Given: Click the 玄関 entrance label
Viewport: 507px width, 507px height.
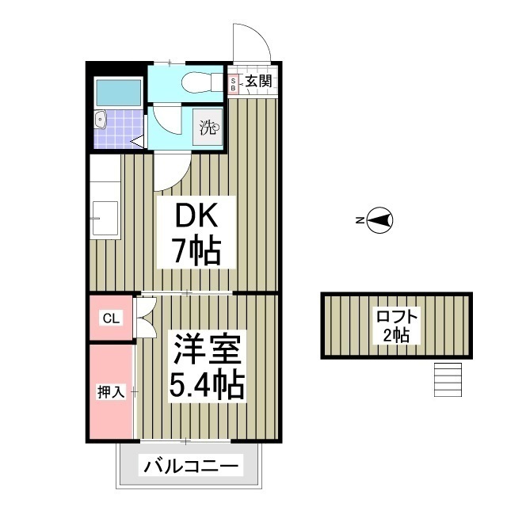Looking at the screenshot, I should [x=257, y=81].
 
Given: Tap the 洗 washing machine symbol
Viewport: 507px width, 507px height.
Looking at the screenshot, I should [x=208, y=127].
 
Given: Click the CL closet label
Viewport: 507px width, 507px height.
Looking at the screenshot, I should [x=111, y=318].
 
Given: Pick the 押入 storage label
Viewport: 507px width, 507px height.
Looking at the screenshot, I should [x=110, y=391].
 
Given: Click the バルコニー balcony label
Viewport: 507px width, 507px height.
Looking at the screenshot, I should [x=190, y=467].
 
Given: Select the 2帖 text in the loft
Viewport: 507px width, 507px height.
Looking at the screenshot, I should [x=397, y=335].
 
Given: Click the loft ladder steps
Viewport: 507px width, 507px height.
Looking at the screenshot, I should [x=448, y=379].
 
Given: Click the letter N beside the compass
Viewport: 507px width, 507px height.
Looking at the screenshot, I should [x=359, y=221].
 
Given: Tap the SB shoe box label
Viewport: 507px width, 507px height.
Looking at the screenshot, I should [x=234, y=84].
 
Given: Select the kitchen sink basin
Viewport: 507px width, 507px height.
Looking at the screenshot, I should [x=105, y=219].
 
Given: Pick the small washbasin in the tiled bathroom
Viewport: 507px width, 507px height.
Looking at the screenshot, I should [x=100, y=120].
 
